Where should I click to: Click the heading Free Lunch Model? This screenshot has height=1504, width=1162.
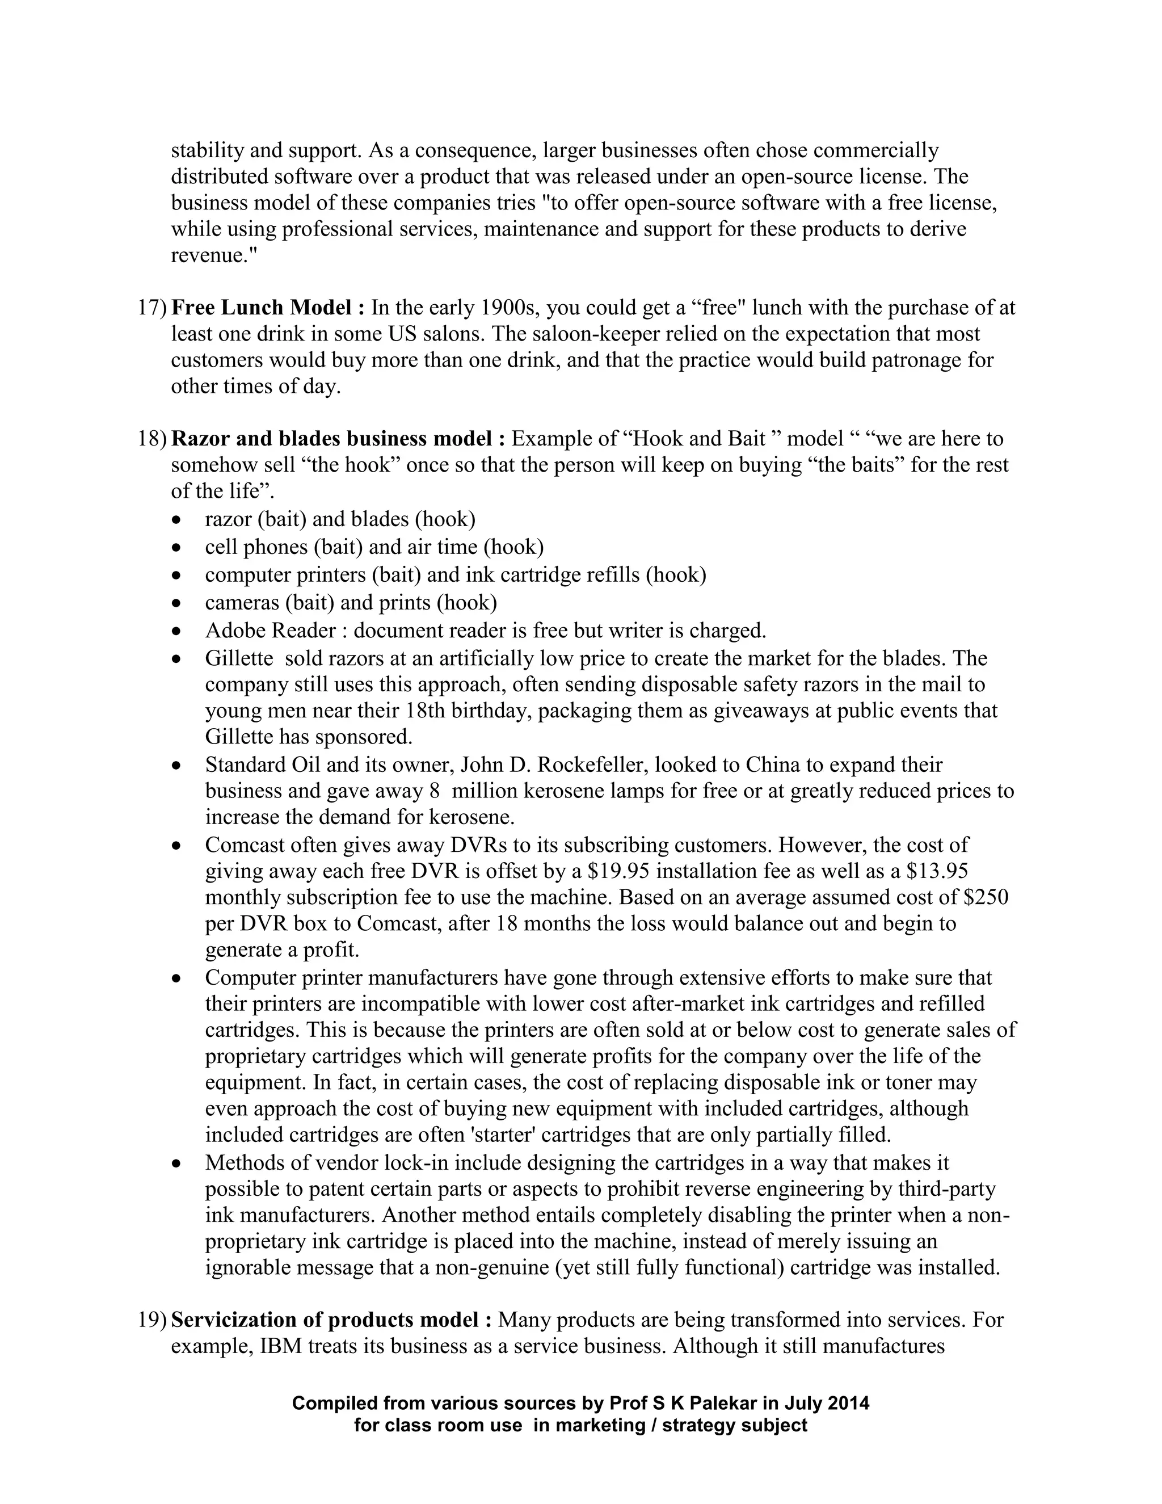pos(268,308)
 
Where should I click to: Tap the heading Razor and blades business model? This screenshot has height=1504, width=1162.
pos(338,439)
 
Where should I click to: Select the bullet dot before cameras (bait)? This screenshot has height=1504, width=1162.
pos(178,604)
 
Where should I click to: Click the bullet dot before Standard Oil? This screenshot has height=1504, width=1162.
pos(178,766)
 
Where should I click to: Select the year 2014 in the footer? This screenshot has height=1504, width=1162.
pos(849,1404)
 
